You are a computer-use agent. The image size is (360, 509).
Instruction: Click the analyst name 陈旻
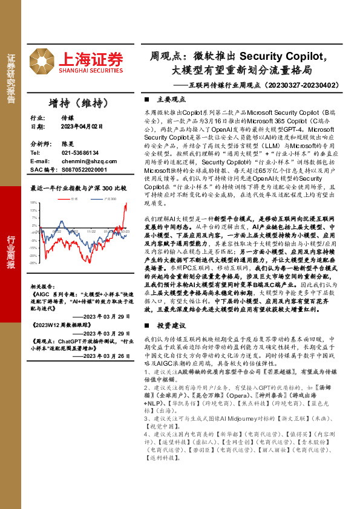pyautogui.click(x=68, y=145)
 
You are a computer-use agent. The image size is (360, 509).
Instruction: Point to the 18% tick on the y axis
pyautogui.click(x=33, y=204)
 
